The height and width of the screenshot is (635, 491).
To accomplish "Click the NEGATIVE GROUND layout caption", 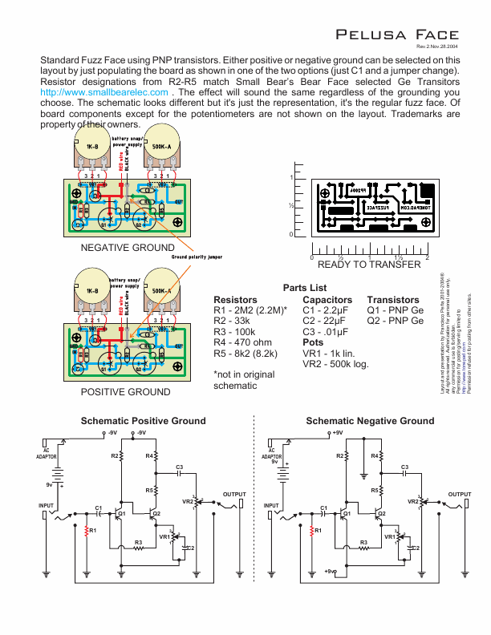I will click(127, 247).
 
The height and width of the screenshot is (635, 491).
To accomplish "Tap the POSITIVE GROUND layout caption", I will click(125, 392).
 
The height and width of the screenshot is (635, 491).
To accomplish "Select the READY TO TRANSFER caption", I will click(369, 265).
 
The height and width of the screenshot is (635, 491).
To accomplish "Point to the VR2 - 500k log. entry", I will click(335, 364).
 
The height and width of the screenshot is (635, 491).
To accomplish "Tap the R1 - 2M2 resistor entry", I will click(250, 309).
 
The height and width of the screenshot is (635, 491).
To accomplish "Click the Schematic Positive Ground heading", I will click(143, 421).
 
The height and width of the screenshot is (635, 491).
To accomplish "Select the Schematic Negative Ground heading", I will click(370, 421).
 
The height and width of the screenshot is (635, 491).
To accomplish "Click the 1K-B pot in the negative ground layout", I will click(92, 148).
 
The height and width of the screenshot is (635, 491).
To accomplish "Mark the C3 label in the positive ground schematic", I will click(180, 467).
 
